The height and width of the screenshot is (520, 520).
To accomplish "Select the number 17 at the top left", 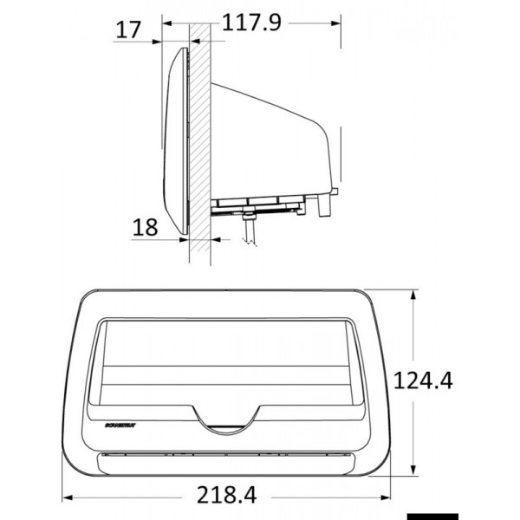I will click(x=128, y=29).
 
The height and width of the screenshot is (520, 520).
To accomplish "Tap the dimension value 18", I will click(x=146, y=227).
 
